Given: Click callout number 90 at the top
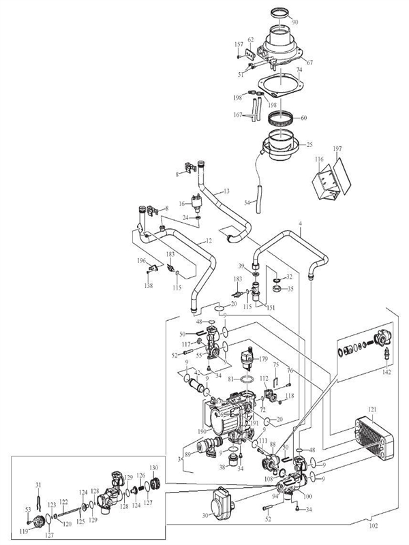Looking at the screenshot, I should (x=294, y=22).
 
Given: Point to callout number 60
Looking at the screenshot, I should (x=303, y=118).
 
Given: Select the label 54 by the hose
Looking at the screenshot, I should (x=247, y=204).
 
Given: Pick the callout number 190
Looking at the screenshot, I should (x=202, y=431).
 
